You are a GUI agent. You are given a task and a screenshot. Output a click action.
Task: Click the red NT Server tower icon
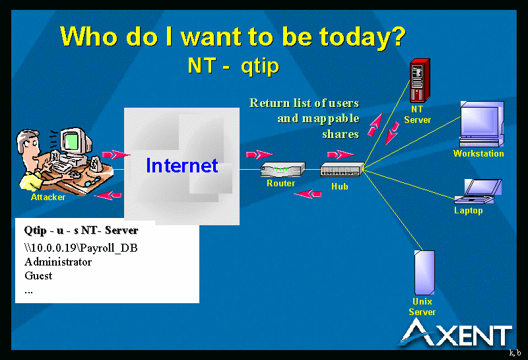(x=420, y=80)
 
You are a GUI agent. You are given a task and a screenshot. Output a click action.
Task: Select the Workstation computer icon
(x=482, y=124)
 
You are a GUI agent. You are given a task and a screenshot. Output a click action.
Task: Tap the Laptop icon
(x=478, y=191)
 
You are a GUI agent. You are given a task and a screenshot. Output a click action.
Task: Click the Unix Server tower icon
(x=424, y=272)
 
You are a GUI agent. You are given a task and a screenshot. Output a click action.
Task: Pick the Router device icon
(x=283, y=169)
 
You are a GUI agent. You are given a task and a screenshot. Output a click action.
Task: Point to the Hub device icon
(x=342, y=169)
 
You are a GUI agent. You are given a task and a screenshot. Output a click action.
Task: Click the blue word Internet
(x=182, y=166)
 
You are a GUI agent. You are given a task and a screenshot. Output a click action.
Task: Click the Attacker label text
(x=48, y=197)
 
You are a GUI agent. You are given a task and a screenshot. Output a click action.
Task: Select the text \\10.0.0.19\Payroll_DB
(x=81, y=248)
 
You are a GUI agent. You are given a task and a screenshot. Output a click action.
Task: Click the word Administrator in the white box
(x=58, y=262)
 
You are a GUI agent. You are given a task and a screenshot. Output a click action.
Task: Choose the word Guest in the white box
(x=38, y=275)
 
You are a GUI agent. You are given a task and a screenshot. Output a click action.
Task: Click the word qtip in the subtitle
(x=260, y=65)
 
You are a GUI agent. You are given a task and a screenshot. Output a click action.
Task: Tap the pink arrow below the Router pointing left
(x=308, y=194)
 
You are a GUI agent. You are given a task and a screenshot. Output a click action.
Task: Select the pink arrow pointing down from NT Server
(x=391, y=133)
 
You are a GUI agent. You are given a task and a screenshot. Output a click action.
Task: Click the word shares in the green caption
(x=341, y=134)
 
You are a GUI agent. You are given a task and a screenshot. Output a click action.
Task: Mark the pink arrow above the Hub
(x=341, y=155)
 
